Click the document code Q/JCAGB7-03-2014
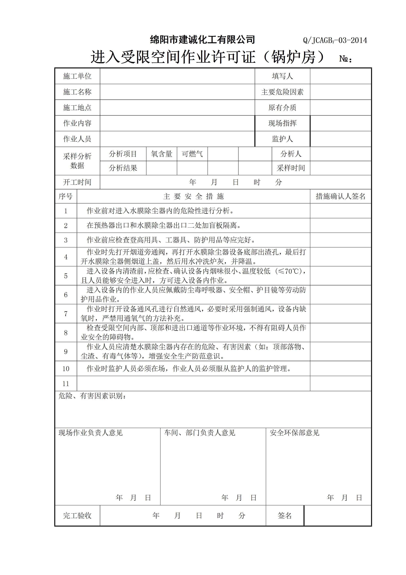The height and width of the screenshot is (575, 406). pos(335,40)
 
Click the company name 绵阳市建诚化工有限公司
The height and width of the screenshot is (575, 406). pos(202,40)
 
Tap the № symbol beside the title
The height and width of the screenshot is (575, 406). pos(345,59)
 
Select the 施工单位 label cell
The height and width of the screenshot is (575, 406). pos(77,76)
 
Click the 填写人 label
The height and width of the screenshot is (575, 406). pos(282,76)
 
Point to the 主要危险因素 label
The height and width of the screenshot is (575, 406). pos(282,92)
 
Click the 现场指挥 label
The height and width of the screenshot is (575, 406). pos(282,123)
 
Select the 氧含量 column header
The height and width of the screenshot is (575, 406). pos(162,154)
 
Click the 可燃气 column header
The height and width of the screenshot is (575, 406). pos(192,154)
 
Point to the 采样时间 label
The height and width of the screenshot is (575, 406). pos(291,168)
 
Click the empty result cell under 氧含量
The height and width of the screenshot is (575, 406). pos(162,168)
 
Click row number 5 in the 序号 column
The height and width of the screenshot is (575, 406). pos(66,276)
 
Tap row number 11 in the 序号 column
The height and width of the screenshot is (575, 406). pos(66,383)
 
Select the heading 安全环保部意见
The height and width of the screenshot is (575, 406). pos(294,433)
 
